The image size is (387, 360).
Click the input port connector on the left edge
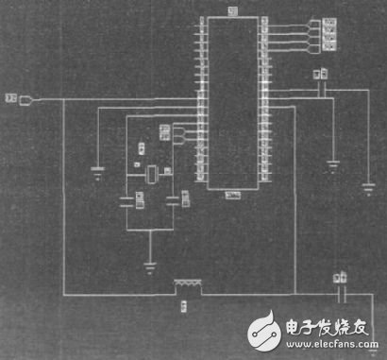pos(27,99)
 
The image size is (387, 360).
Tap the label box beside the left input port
pos(11,97)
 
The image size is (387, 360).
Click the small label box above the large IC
pos(232,10)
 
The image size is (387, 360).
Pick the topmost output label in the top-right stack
pos(329,21)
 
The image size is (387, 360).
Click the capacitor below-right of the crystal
pos(173,199)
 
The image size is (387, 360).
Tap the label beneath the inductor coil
pos(183,305)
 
